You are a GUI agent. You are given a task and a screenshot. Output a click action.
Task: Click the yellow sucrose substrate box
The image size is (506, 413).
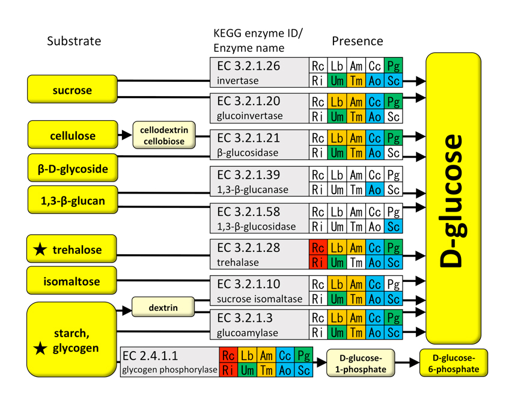pos(72,90)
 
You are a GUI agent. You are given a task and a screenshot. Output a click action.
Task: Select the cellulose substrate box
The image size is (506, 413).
pos(72,135)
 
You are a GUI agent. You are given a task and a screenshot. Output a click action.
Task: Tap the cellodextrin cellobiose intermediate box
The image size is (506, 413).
pos(159,135)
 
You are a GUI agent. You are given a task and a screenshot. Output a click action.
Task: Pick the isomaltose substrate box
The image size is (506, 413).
pos(72,281)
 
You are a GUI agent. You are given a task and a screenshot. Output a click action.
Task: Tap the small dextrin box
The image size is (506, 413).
pos(163,308)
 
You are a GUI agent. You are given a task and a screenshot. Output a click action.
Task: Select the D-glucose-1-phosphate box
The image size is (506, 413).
pos(361,363)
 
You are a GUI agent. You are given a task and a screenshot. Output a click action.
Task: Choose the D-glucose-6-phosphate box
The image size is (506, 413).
pos(454,363)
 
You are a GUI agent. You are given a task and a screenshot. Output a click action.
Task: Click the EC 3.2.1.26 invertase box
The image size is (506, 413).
pos(258,73)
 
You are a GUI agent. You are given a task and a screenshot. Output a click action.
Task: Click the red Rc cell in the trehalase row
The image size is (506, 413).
pos(318,248)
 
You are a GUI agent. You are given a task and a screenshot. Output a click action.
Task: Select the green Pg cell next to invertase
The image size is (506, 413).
pos(394,65)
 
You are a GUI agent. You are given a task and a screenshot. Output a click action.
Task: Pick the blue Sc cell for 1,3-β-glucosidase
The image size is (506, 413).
pos(394,226)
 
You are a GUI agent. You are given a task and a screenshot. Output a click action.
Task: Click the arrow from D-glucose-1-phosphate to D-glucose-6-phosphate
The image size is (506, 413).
pos(406,363)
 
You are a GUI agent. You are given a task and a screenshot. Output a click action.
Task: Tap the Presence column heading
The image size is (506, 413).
pos(357,41)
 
